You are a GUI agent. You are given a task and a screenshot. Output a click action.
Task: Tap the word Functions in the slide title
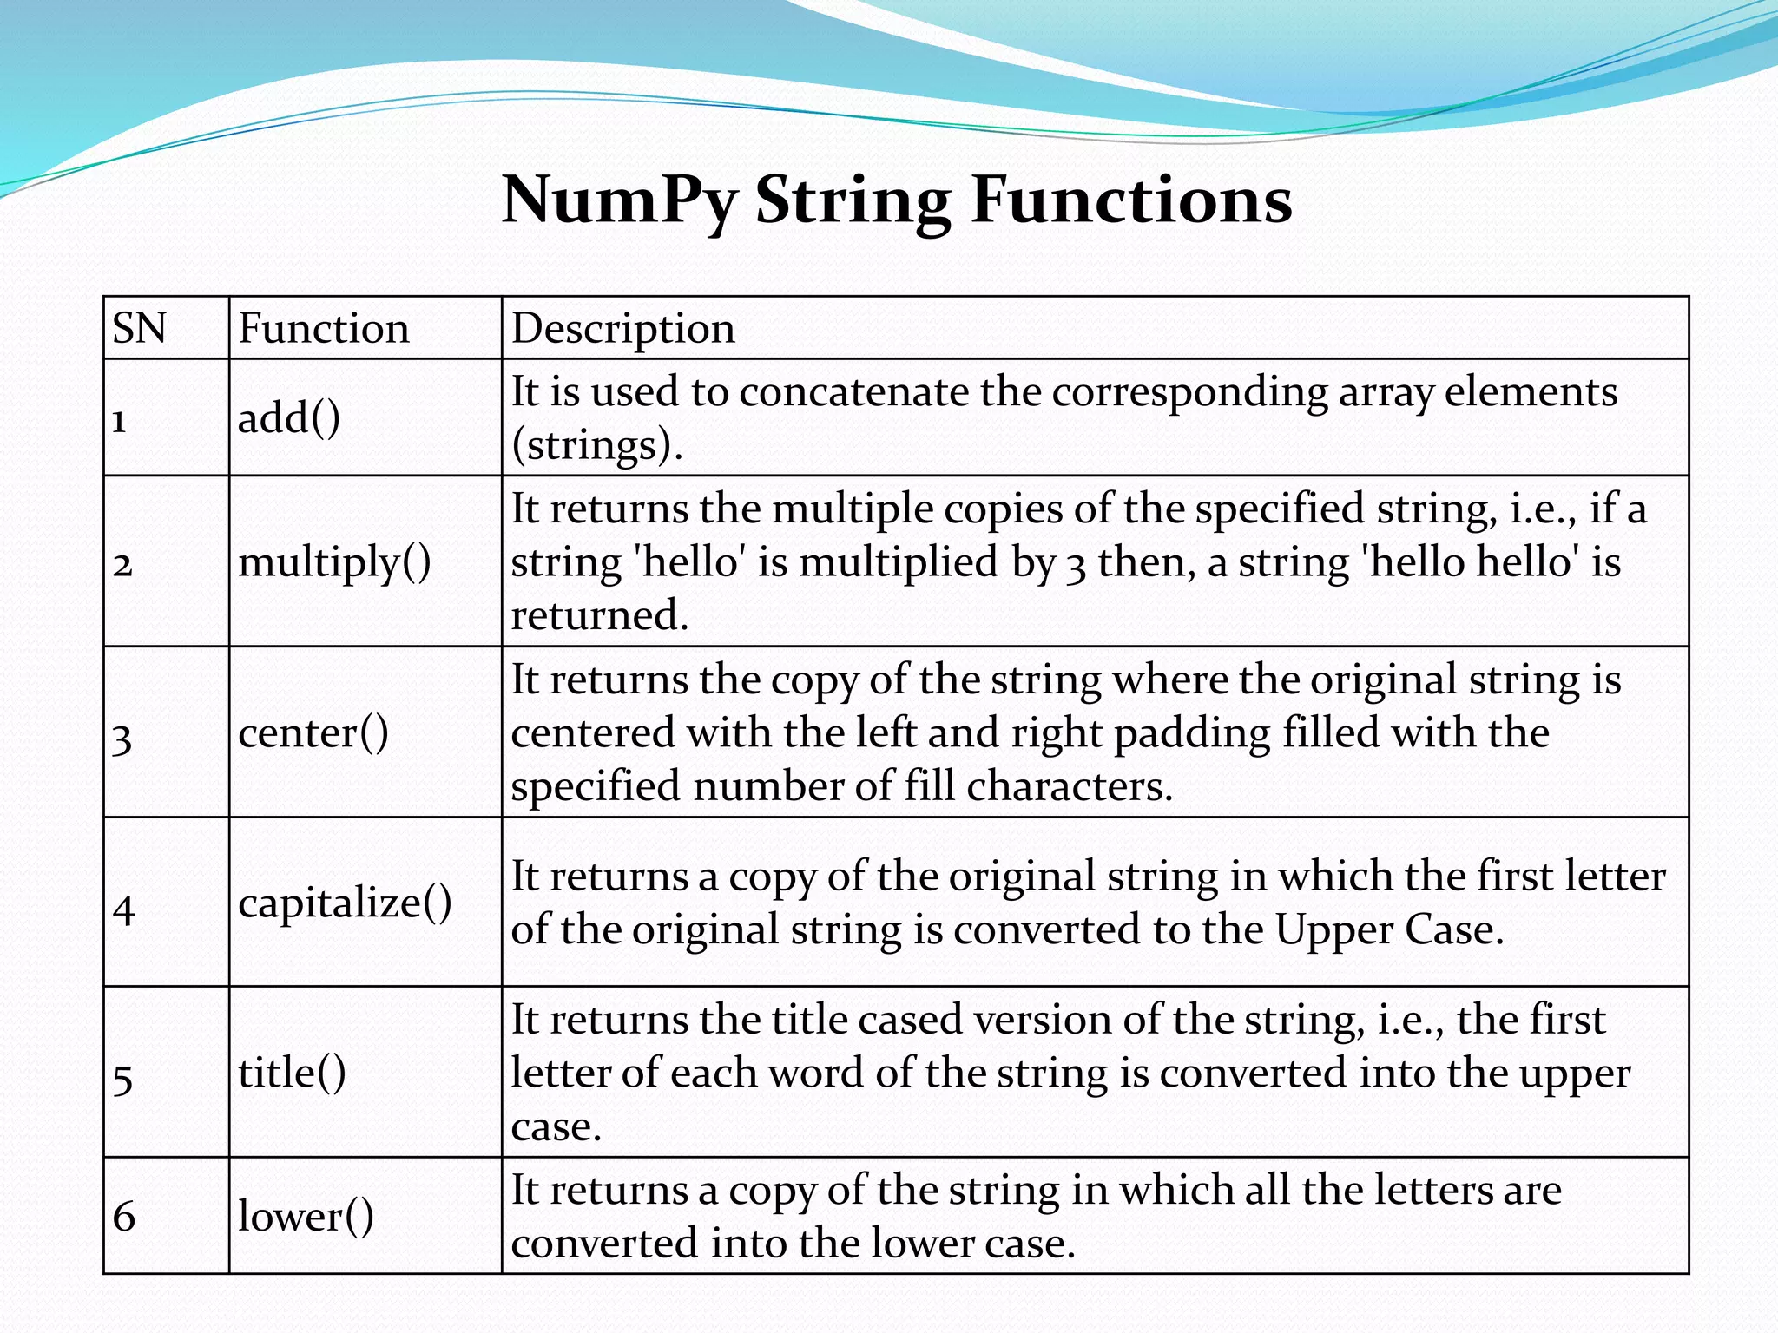(1131, 200)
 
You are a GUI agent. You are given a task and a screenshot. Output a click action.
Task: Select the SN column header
(139, 329)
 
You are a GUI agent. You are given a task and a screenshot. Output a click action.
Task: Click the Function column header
(323, 329)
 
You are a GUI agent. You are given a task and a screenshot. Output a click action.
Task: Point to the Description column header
(622, 329)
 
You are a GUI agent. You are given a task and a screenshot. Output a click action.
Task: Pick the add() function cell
(289, 418)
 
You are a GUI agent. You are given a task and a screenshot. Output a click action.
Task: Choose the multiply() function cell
(334, 562)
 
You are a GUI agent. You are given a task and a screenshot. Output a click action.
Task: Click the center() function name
(313, 732)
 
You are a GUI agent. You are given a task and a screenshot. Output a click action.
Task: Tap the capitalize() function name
(345, 903)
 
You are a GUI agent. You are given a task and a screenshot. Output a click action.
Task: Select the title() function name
(292, 1073)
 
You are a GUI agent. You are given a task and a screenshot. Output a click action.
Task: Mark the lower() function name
(306, 1216)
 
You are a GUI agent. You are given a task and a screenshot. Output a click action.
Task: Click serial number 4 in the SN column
(124, 909)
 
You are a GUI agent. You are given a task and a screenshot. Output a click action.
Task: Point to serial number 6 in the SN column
(124, 1217)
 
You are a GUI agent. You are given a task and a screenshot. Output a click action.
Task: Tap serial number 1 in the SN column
(120, 422)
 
